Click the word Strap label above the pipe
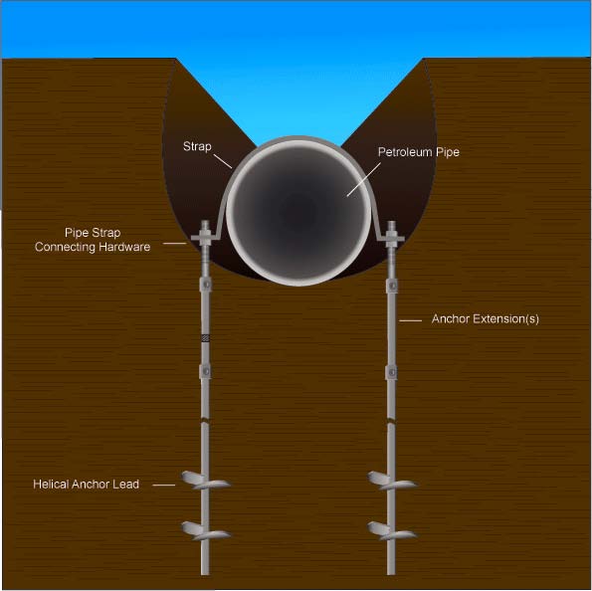pyautogui.click(x=197, y=146)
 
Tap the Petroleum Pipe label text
pyautogui.click(x=419, y=152)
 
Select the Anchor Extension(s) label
pyautogui.click(x=486, y=319)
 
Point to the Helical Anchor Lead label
pyautogui.click(x=87, y=485)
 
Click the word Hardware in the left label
pyautogui.click(x=124, y=247)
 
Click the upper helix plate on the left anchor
pyautogui.click(x=206, y=480)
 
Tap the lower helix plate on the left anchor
pyautogui.click(x=206, y=530)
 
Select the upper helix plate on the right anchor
pyautogui.click(x=392, y=480)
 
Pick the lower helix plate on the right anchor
pyautogui.click(x=392, y=530)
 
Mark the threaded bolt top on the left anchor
pyautogui.click(x=205, y=227)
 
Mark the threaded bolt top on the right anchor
pyautogui.click(x=392, y=227)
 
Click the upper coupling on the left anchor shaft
pyautogui.click(x=205, y=285)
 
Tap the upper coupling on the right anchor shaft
pyautogui.click(x=392, y=286)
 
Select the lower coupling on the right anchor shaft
pyautogui.click(x=392, y=372)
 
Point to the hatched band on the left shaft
pyautogui.click(x=205, y=337)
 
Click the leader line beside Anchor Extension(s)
pyautogui.click(x=410, y=320)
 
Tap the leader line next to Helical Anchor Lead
pyautogui.click(x=164, y=486)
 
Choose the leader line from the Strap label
pyautogui.click(x=223, y=161)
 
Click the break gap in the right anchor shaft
pyautogui.click(x=392, y=420)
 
